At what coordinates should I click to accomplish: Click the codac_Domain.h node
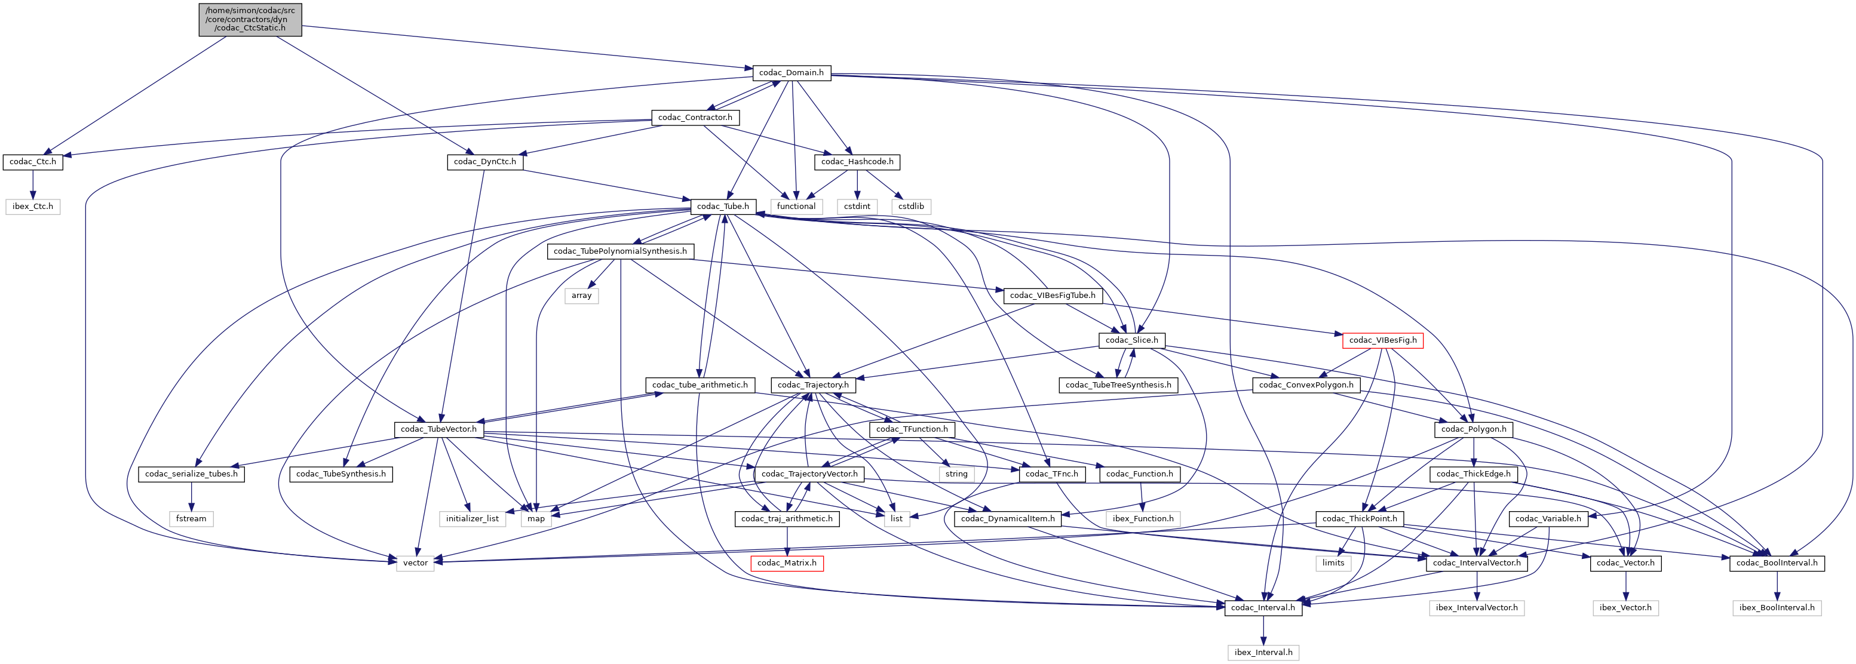point(791,73)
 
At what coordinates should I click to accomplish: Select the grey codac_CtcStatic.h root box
point(250,20)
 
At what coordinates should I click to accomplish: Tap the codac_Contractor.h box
point(695,118)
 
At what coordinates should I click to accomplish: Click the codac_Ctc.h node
point(32,162)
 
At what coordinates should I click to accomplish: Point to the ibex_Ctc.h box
point(32,207)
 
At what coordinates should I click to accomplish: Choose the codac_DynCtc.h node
point(485,162)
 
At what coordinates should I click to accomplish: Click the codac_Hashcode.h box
point(857,162)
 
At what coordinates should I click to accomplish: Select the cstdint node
point(857,207)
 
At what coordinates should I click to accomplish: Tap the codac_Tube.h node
point(723,207)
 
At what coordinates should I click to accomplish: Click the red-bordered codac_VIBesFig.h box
point(1382,340)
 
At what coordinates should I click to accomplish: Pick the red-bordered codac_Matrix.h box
point(787,563)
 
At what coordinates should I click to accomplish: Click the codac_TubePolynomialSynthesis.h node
point(620,251)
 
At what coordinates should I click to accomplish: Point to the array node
point(581,296)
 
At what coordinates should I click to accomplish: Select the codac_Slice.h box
point(1131,340)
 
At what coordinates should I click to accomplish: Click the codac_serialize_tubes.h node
point(191,474)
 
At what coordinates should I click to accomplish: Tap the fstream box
point(191,518)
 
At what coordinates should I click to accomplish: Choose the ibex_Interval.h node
point(1263,653)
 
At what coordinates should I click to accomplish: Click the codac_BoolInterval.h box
point(1777,563)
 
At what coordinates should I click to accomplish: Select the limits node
point(1333,563)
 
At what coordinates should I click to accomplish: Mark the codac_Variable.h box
point(1548,518)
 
